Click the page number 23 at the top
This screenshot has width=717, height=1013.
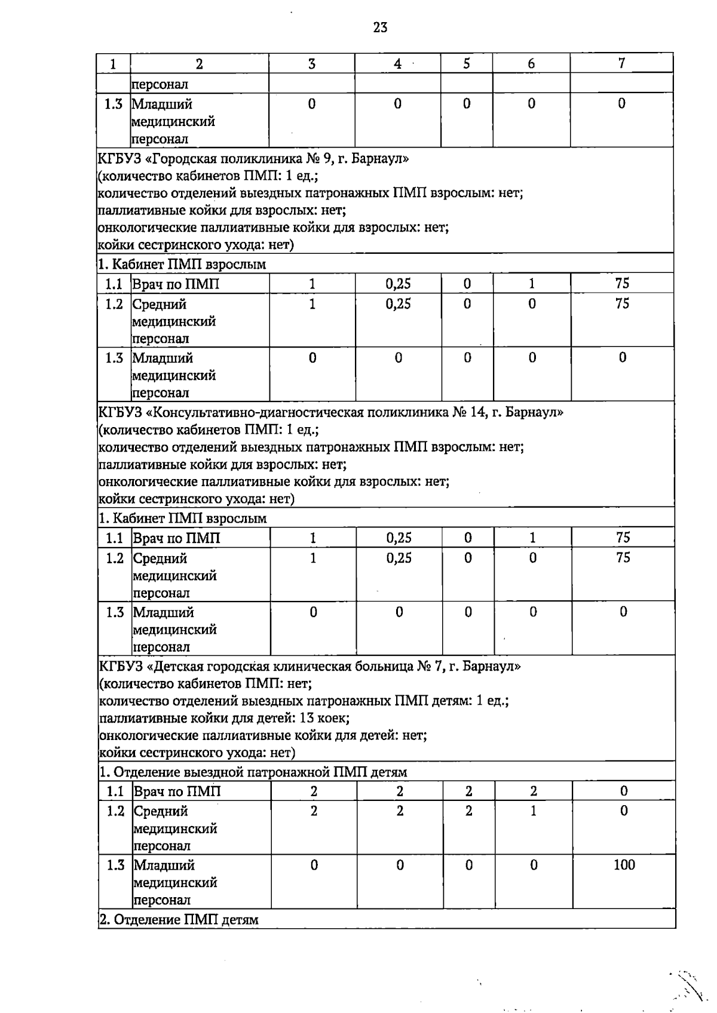point(380,27)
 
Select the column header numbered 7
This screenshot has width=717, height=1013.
point(621,63)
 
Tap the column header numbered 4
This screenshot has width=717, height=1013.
point(397,64)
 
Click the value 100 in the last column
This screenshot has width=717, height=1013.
point(624,865)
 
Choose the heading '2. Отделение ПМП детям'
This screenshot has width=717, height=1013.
point(179,920)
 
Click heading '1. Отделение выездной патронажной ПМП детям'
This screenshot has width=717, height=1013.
point(253,772)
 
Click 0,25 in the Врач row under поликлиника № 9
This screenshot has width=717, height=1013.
point(398,284)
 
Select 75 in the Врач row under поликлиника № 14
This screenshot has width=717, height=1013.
point(623,538)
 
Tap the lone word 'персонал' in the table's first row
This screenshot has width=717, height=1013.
point(160,84)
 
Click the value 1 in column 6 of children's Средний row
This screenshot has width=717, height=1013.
point(533,811)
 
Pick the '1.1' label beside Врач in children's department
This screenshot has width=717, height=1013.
point(115,791)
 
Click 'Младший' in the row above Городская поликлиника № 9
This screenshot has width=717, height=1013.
point(162,105)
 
